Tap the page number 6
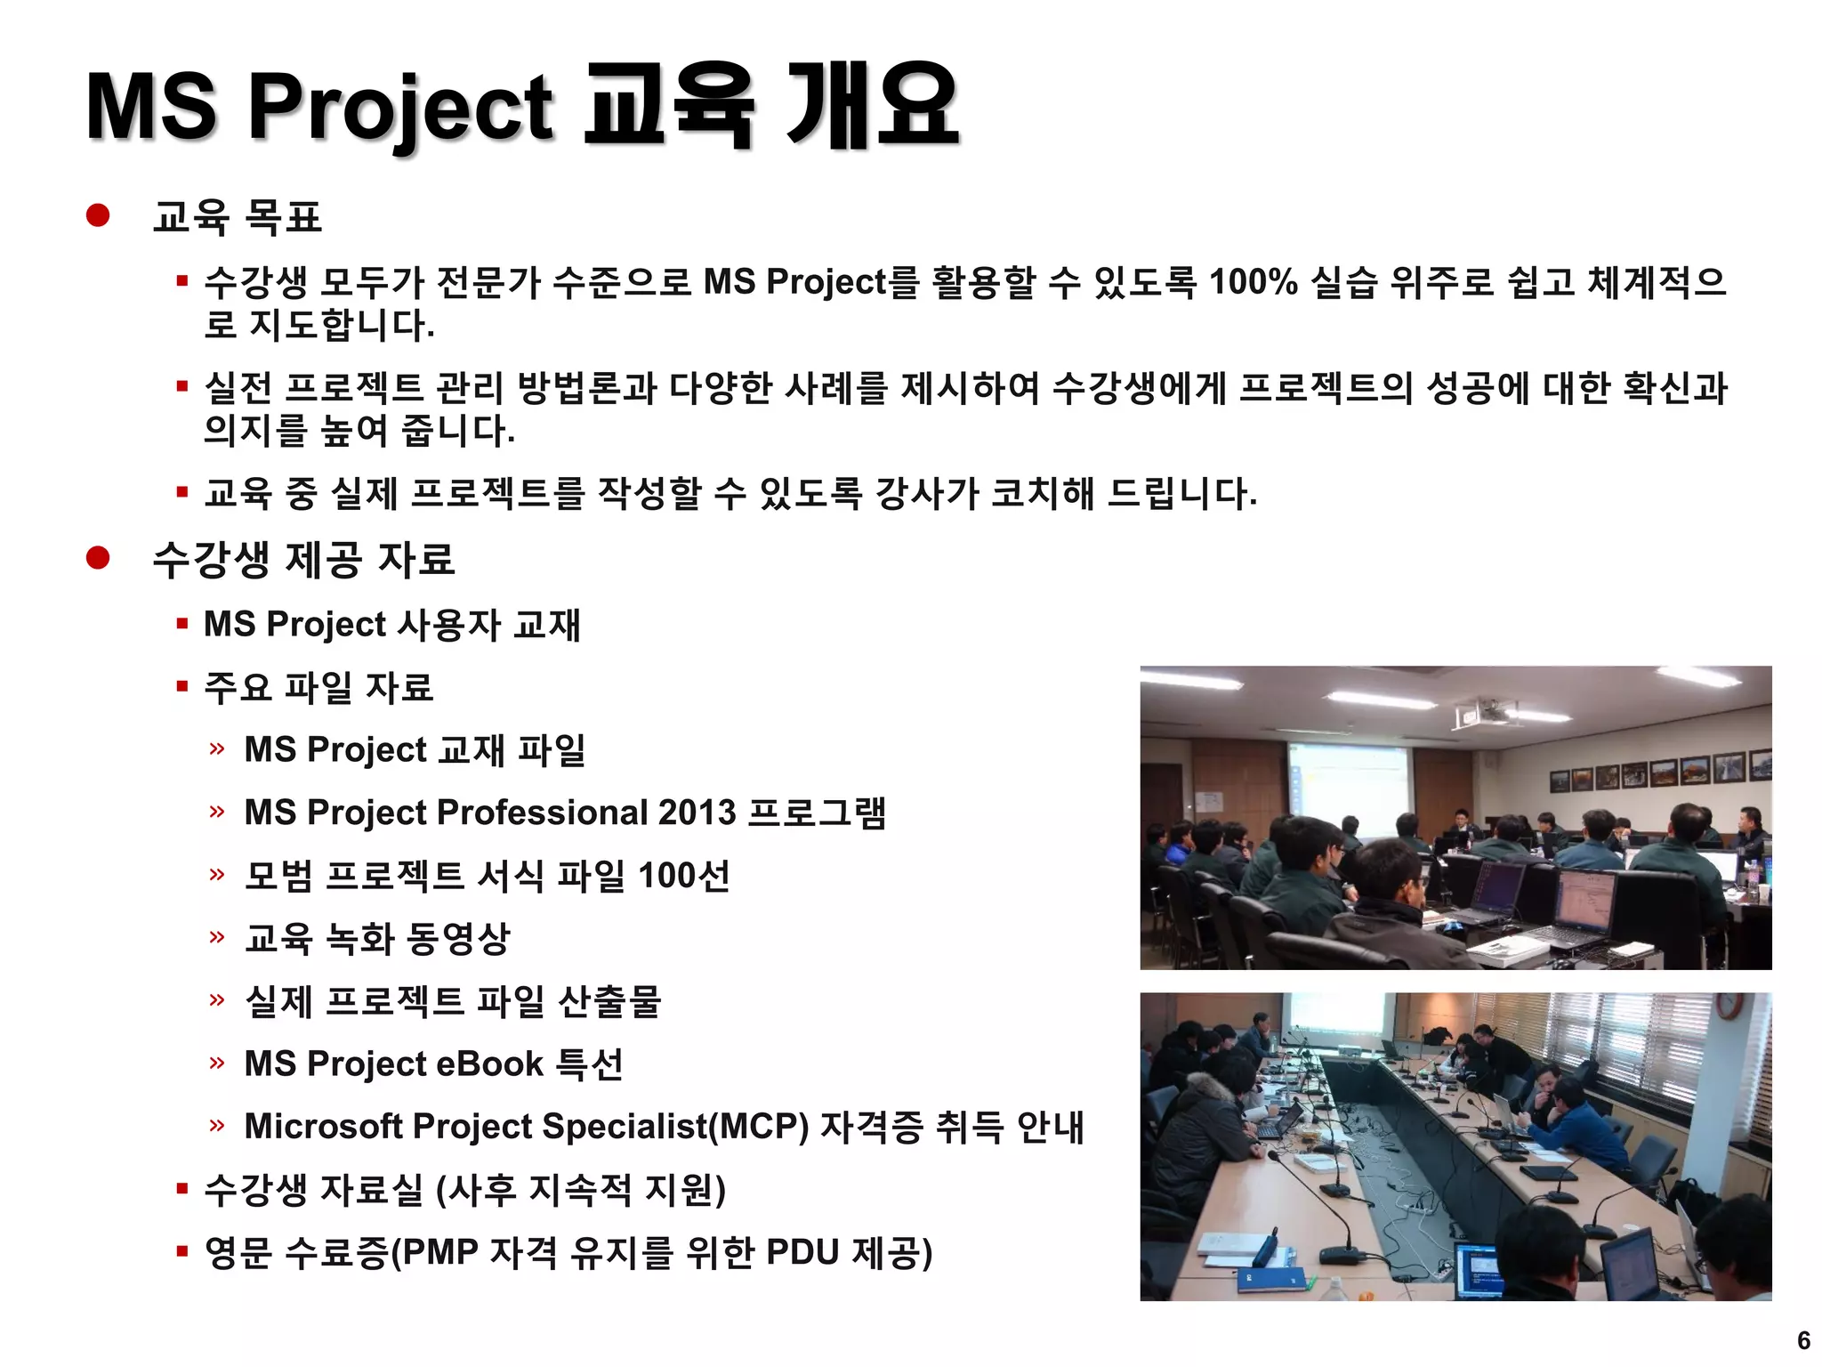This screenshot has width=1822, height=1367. click(x=1803, y=1340)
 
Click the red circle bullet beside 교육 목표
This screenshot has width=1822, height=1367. click(x=98, y=215)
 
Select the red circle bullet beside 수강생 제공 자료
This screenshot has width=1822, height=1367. click(x=98, y=558)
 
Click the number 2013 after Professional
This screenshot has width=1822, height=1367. click(x=697, y=813)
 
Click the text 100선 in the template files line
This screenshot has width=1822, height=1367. click(x=684, y=876)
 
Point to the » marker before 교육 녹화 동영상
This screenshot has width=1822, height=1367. click(x=217, y=937)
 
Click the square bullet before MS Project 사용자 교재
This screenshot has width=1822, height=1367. click(x=182, y=624)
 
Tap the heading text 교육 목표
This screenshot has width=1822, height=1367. click(x=237, y=217)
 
